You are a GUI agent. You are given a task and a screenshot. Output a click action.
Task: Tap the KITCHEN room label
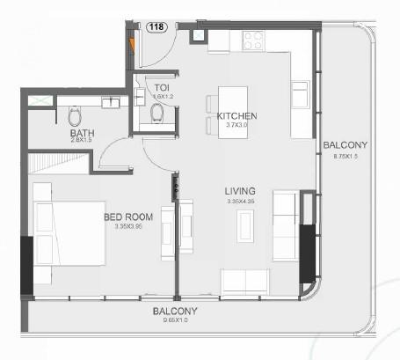tap(236, 116)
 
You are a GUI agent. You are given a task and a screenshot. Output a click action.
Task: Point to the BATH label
tap(83, 133)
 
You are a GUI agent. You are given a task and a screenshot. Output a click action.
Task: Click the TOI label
tap(161, 88)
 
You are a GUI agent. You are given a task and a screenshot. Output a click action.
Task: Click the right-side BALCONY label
tap(345, 145)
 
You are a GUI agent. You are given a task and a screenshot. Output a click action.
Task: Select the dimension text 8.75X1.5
tap(345, 157)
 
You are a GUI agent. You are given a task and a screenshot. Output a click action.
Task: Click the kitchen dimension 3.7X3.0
tap(236, 127)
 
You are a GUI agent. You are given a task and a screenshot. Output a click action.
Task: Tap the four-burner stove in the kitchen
tap(253, 40)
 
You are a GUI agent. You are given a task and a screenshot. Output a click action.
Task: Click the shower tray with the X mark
tap(40, 101)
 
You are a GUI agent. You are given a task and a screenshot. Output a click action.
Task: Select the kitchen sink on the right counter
tap(301, 94)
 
